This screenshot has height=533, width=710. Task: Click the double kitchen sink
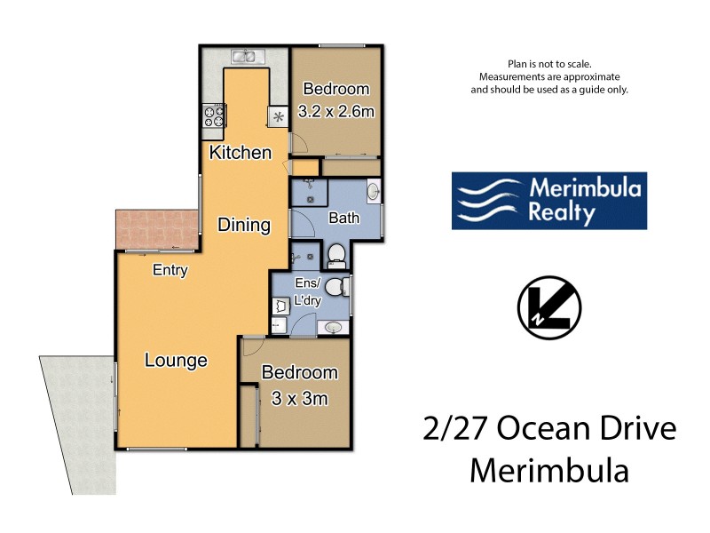(x=244, y=57)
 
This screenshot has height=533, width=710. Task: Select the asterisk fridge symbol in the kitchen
(x=278, y=116)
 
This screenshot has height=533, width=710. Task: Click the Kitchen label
(x=240, y=153)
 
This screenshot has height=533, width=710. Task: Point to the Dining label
(x=244, y=225)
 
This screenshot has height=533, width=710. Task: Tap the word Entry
(x=170, y=270)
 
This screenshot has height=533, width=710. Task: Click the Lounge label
(x=176, y=360)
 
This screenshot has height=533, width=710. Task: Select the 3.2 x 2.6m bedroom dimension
(x=335, y=111)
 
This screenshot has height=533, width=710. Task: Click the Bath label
(x=343, y=218)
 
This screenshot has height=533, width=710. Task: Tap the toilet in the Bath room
(x=336, y=256)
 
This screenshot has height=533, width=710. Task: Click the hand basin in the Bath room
(x=373, y=191)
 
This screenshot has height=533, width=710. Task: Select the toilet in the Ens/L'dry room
(x=335, y=289)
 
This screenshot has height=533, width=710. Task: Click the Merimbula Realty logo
(x=548, y=201)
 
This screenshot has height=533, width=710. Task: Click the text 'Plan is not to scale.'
(x=548, y=64)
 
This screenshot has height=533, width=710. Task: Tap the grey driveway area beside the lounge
(x=75, y=418)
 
